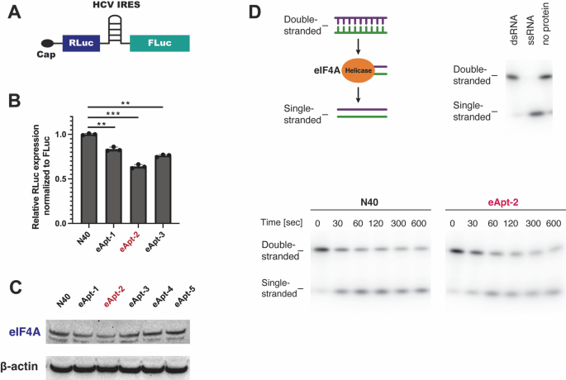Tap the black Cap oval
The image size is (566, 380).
click(x=48, y=43)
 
